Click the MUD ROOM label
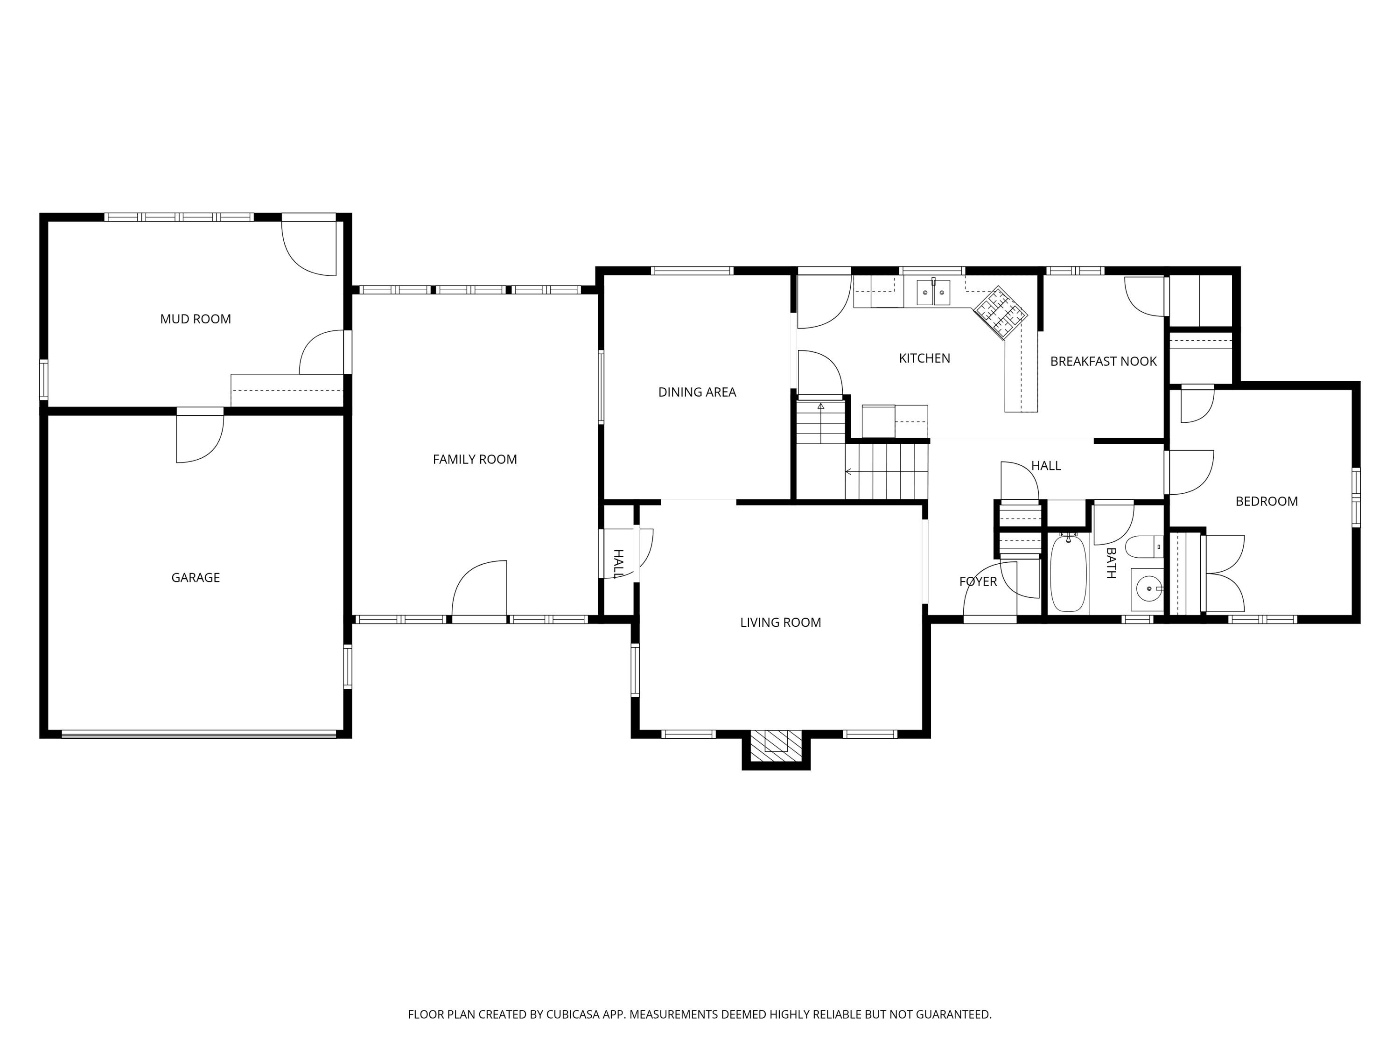click(195, 319)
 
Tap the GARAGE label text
click(196, 577)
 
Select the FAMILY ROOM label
click(475, 460)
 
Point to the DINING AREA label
click(697, 392)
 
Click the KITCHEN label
click(924, 358)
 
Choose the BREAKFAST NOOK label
click(1103, 361)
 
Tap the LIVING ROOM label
click(780, 623)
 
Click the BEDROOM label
click(1267, 501)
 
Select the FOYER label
click(978, 581)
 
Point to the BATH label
click(1111, 563)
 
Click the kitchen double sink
click(933, 293)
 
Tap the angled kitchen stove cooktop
click(1000, 313)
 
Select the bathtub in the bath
click(1068, 573)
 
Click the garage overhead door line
click(199, 734)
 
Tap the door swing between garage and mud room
click(200, 438)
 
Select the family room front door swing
click(479, 588)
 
